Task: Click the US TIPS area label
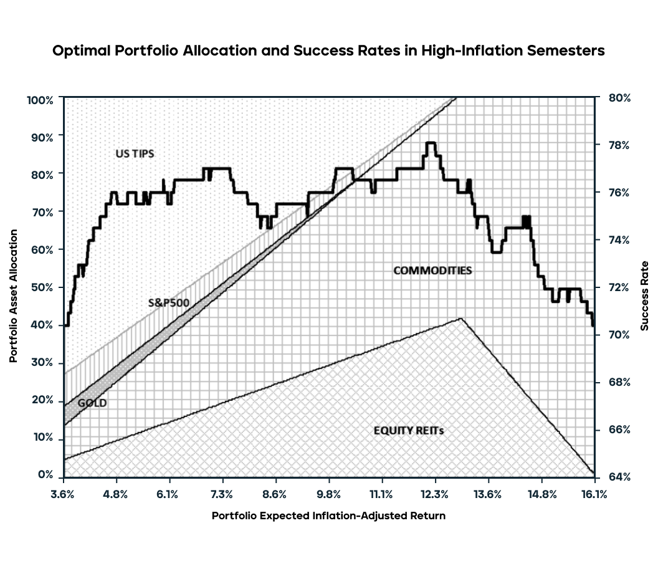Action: (135, 153)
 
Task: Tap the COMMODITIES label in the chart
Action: (432, 271)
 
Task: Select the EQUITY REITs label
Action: (409, 430)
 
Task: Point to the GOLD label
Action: (92, 403)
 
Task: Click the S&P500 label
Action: (168, 303)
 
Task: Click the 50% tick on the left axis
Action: (42, 287)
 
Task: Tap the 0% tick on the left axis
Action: (45, 475)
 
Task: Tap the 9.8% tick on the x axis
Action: (329, 495)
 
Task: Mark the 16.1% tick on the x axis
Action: (594, 495)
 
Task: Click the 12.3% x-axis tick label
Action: (434, 495)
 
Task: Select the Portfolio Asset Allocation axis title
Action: (13, 296)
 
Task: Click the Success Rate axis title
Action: (644, 296)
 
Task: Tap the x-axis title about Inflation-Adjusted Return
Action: (328, 516)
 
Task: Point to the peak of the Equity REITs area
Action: (460, 319)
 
